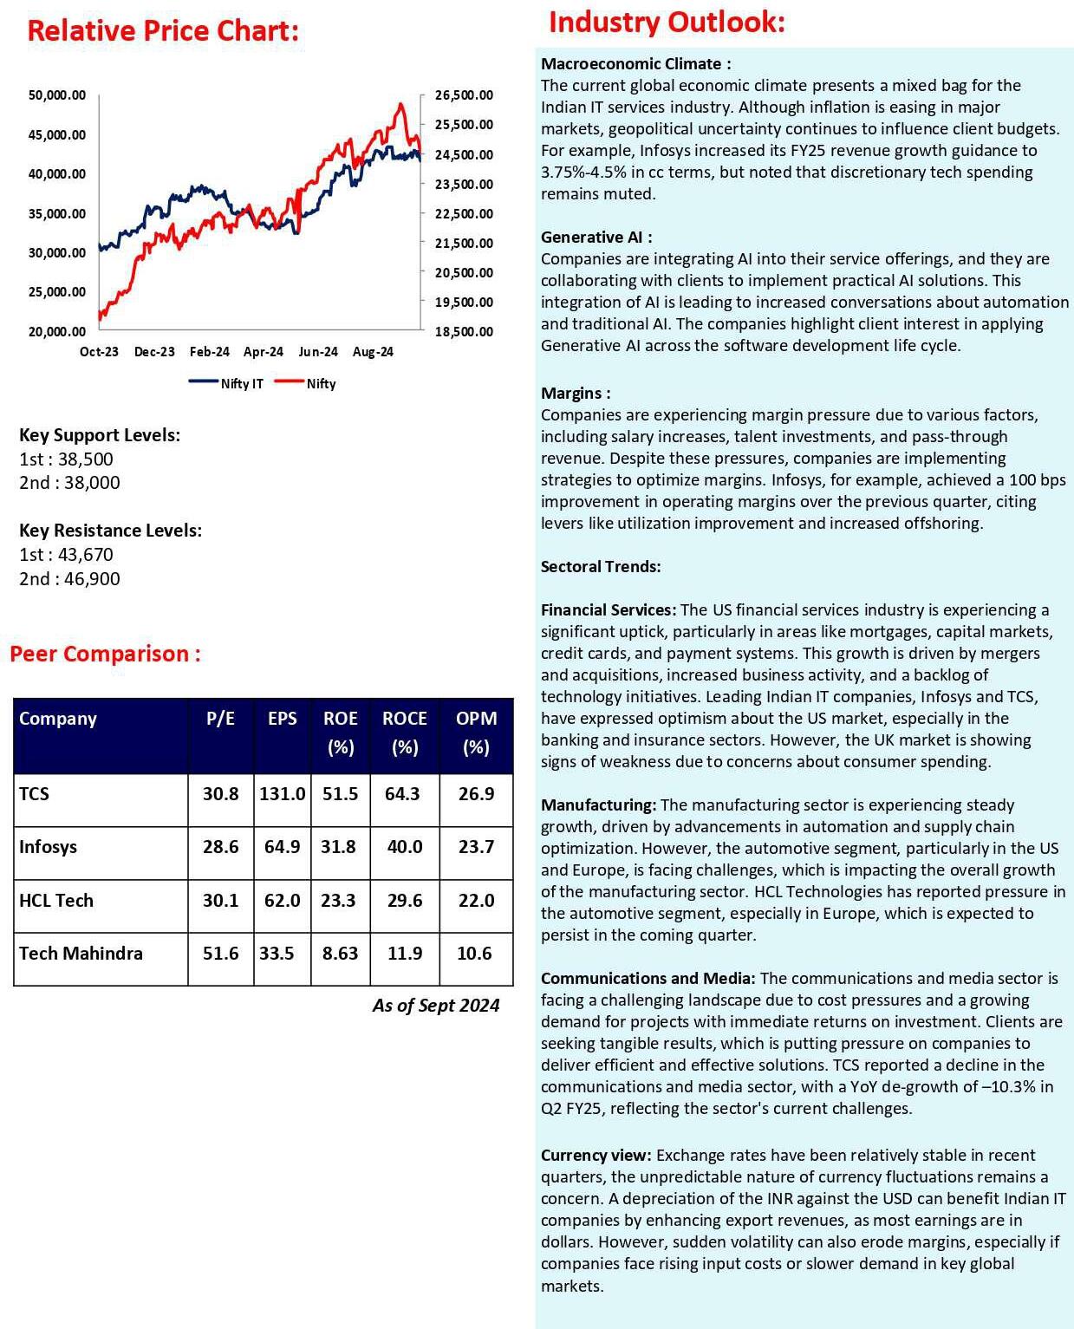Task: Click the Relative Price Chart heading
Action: click(163, 31)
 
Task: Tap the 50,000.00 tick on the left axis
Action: click(57, 95)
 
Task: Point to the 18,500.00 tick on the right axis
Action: click(464, 332)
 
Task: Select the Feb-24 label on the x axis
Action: click(210, 352)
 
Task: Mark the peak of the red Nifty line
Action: click(400, 104)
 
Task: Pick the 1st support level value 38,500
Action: click(86, 459)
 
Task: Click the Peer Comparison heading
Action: click(105, 654)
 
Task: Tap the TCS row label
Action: click(35, 794)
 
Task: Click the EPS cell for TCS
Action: click(283, 794)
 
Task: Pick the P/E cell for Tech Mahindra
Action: click(221, 954)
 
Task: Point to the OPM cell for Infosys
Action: click(476, 847)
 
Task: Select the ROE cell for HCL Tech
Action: click(339, 901)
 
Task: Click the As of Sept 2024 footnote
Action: click(436, 1006)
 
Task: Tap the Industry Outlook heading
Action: click(667, 22)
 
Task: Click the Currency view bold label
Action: click(596, 1156)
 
